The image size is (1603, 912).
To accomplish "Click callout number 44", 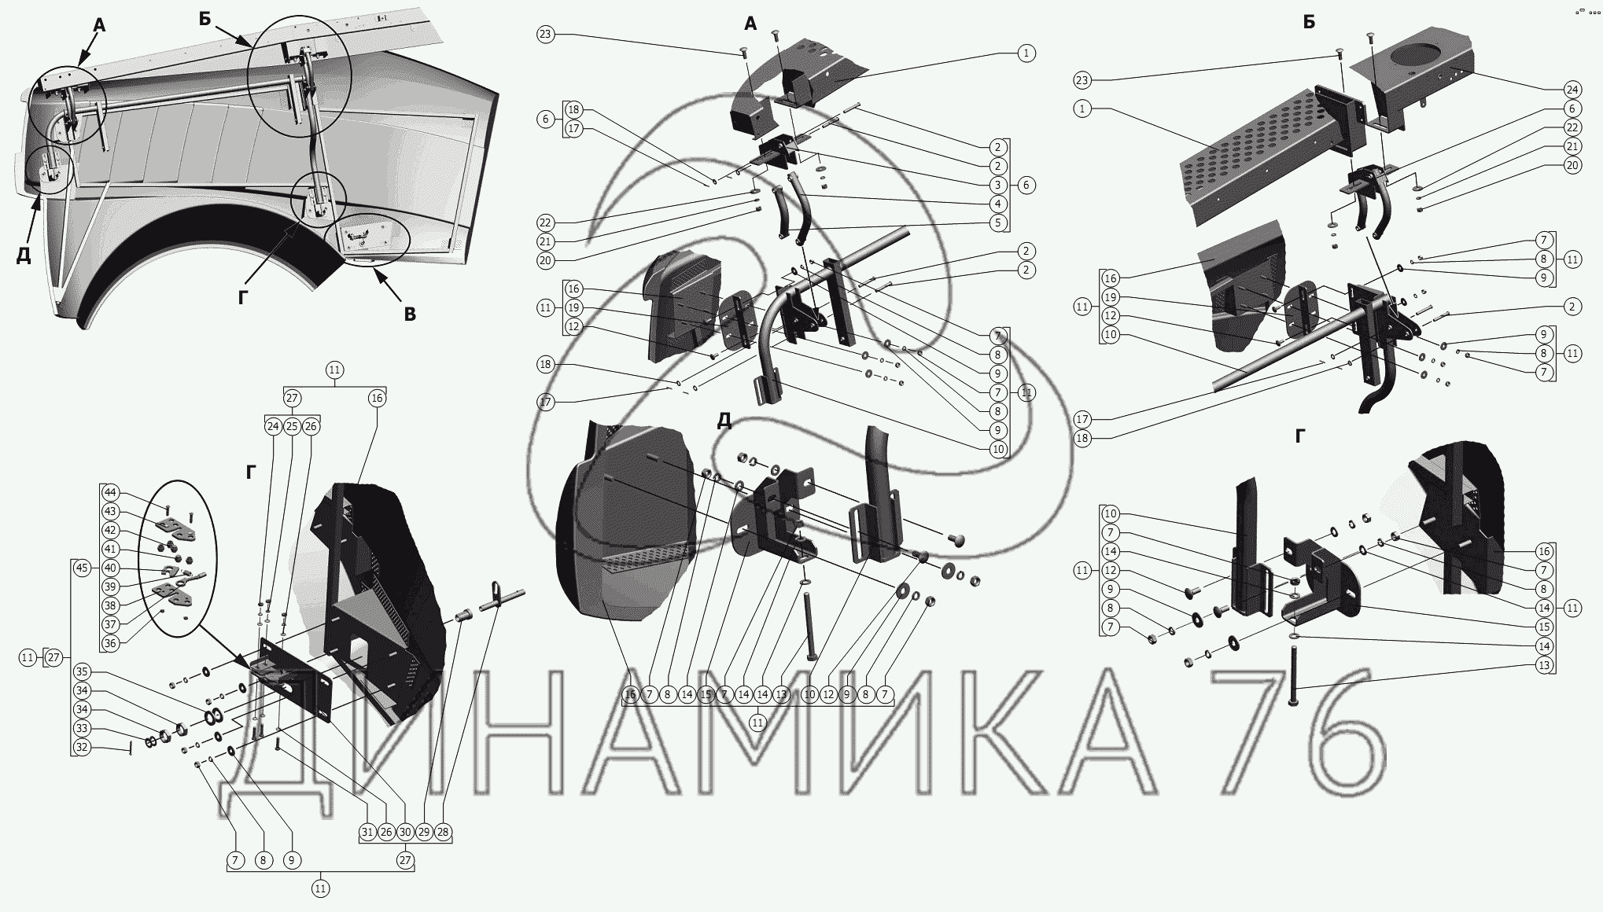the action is (x=110, y=493).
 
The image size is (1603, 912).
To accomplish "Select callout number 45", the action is (x=82, y=568).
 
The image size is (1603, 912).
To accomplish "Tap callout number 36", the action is (x=110, y=643).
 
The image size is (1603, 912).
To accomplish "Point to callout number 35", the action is (x=82, y=672).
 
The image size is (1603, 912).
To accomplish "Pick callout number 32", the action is (x=82, y=747).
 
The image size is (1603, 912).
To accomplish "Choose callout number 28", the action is (x=443, y=832).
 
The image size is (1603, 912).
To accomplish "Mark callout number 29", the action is (x=424, y=832).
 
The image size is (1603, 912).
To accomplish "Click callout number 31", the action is (x=367, y=832).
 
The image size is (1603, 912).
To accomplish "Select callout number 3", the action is (x=998, y=185).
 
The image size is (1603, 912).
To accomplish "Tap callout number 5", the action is (x=998, y=222).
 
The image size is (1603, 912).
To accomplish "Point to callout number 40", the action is (x=110, y=568).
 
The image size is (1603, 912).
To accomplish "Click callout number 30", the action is (x=405, y=832).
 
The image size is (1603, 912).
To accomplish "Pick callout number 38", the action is (x=110, y=605).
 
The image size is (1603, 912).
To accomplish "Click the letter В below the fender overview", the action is (x=410, y=314).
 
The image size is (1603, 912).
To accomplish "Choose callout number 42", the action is (x=110, y=531).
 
